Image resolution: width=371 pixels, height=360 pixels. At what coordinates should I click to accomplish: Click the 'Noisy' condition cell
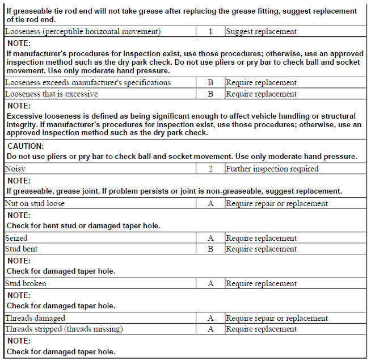15,169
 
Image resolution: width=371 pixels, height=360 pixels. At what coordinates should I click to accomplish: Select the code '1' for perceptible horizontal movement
210,32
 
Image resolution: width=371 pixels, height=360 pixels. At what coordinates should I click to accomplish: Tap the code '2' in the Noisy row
210,169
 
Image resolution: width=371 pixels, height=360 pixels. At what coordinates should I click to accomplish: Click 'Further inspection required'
272,169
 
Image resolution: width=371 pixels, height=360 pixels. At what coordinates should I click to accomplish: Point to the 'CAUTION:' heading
26,146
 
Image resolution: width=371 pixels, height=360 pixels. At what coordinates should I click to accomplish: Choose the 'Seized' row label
16,238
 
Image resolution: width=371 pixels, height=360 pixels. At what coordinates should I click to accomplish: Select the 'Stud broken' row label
26,283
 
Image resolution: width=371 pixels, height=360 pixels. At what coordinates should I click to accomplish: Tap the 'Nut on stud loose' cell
35,203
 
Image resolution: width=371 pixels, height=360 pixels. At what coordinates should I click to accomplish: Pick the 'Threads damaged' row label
35,318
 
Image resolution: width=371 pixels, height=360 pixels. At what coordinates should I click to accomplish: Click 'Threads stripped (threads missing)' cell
64,329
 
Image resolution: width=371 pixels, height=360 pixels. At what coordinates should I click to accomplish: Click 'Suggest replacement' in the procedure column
261,32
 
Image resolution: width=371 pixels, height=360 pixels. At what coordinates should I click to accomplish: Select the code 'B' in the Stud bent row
210,249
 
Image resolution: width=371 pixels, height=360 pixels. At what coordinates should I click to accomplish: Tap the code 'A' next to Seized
210,238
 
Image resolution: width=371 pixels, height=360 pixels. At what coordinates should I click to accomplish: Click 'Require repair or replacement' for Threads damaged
276,318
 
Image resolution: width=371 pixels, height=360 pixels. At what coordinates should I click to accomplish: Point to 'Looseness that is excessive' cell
52,94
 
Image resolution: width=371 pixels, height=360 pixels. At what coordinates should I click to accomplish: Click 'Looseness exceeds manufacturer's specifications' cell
88,83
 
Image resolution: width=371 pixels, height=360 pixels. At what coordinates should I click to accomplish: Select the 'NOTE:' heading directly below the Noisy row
19,180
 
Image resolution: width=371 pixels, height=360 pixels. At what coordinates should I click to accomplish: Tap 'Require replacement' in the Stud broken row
261,283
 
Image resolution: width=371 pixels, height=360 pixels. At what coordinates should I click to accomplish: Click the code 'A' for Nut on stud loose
210,203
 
